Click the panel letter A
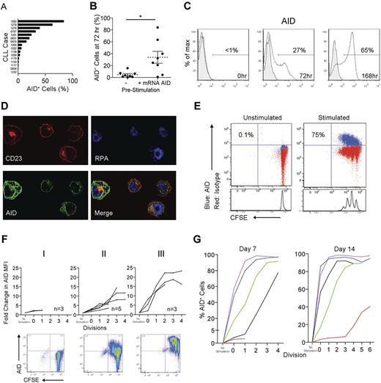(x=5, y=6)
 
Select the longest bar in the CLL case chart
(x=42, y=21)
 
